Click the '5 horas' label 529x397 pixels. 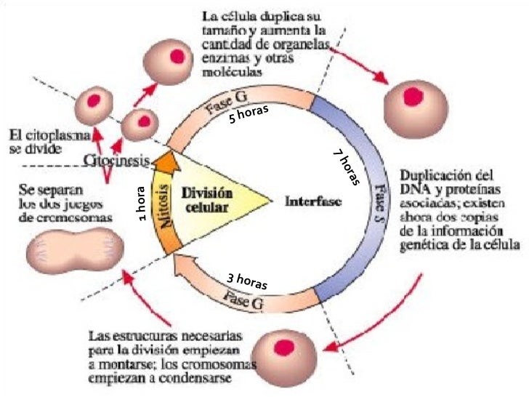point(249,113)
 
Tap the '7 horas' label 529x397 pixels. point(346,167)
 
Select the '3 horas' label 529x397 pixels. point(247,281)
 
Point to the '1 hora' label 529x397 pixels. point(142,204)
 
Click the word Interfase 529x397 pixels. point(313,201)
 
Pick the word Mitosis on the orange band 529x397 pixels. point(165,206)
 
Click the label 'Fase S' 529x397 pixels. point(380,202)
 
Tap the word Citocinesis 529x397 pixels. point(116,160)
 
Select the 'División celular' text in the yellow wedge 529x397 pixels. point(207,200)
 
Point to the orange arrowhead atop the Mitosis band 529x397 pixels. point(166,161)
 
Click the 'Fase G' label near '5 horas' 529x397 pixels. point(227,104)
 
